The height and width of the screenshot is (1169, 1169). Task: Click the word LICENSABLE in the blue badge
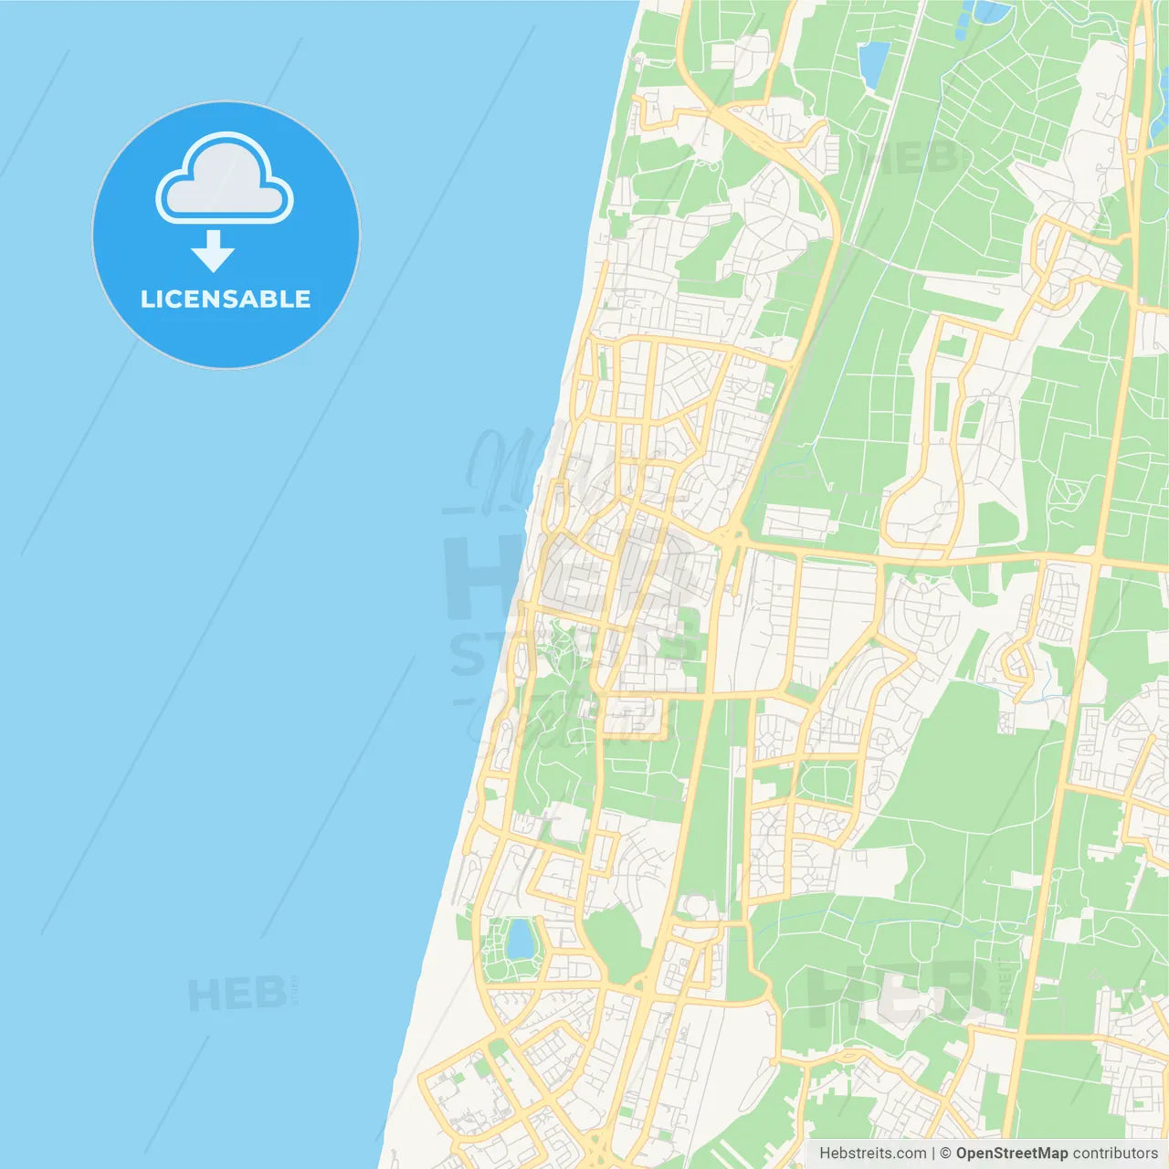226,300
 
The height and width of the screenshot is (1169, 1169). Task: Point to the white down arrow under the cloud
213,251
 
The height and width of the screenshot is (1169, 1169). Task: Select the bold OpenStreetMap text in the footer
1012,1153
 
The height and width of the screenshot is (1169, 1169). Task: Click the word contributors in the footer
1115,1153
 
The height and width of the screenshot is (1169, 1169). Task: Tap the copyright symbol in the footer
946,1153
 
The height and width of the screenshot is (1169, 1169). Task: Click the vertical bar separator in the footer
933,1153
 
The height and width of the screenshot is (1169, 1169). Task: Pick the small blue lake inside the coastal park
521,939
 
